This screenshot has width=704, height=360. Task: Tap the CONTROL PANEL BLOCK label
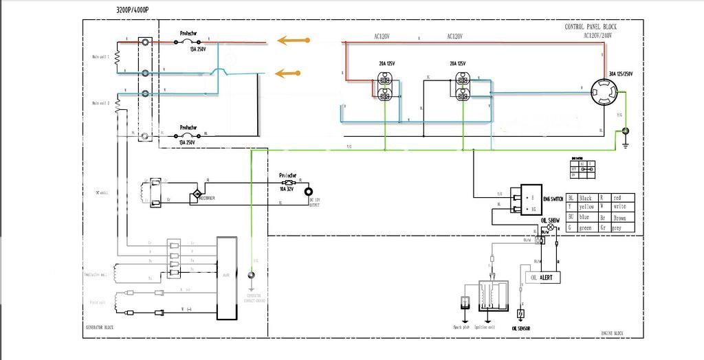click(x=591, y=27)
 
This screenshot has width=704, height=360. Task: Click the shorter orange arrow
click(x=290, y=72)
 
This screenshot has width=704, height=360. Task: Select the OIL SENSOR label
click(x=520, y=328)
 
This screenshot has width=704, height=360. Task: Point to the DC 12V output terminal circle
click(x=309, y=192)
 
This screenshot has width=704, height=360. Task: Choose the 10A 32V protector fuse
click(x=289, y=183)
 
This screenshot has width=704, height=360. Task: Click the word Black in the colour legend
click(x=586, y=198)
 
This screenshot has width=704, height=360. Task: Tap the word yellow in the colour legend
click(x=587, y=207)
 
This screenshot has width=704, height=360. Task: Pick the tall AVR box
click(x=226, y=278)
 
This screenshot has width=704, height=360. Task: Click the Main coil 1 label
click(x=101, y=57)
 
